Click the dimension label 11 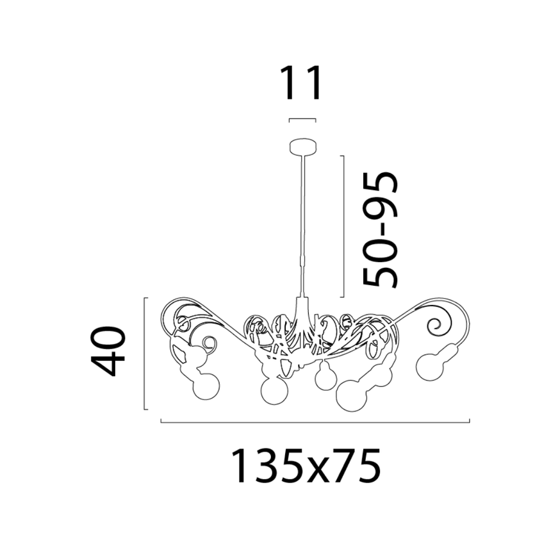coord(300,83)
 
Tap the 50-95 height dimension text coord(381,230)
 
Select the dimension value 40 coord(108,351)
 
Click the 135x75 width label coord(306,466)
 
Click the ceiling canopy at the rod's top coord(303,146)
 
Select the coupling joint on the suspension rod coord(302,262)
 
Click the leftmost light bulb coord(206,386)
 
